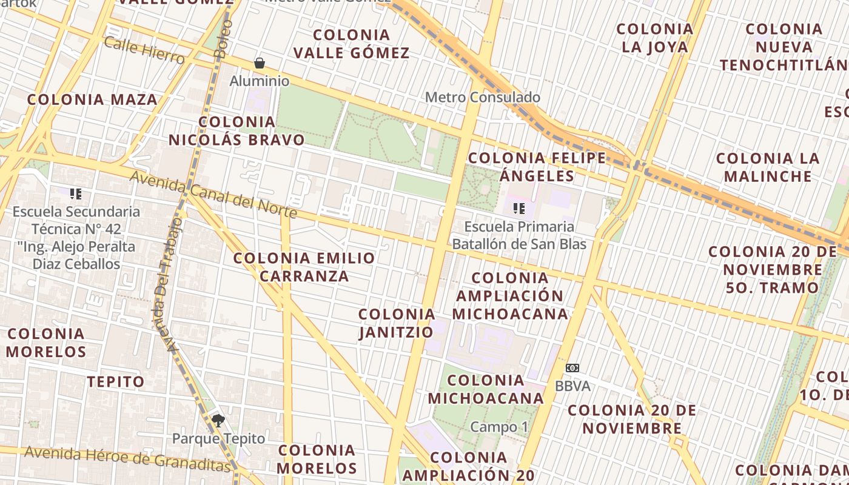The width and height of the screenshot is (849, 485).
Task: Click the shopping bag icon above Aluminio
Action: pos(260,63)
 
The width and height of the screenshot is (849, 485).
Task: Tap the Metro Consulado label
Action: pos(482,97)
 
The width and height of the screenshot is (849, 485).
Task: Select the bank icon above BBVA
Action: pos(572,368)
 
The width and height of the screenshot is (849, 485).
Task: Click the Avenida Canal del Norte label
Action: pos(214,195)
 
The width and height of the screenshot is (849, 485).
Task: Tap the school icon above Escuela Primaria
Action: pos(518,209)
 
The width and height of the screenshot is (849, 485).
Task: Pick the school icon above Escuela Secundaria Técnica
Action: pos(76,194)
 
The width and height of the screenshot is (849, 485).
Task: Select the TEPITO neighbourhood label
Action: pos(116,382)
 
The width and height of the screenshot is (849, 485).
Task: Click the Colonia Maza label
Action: pos(92,99)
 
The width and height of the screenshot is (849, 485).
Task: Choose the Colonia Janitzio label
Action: pos(397,323)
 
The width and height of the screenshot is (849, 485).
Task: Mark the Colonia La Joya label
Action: pos(655,38)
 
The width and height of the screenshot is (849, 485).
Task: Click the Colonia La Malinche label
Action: pos(768,167)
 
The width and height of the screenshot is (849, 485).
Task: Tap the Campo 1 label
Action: pos(499,427)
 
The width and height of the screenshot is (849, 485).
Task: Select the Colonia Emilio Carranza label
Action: pos(304,267)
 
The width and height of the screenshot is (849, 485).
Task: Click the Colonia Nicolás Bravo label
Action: pos(237,131)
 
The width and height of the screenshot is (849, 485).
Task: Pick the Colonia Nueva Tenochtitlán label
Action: pos(784,47)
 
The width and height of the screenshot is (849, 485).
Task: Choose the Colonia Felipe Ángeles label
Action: pos(537,167)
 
